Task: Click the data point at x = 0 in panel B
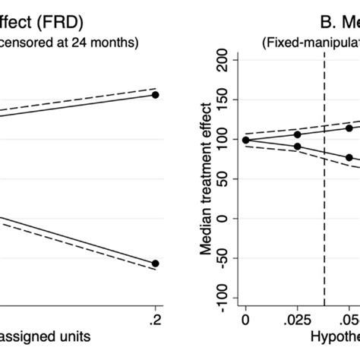tap(245, 140)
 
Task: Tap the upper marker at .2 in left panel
tap(156, 95)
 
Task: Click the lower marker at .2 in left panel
tap(156, 264)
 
